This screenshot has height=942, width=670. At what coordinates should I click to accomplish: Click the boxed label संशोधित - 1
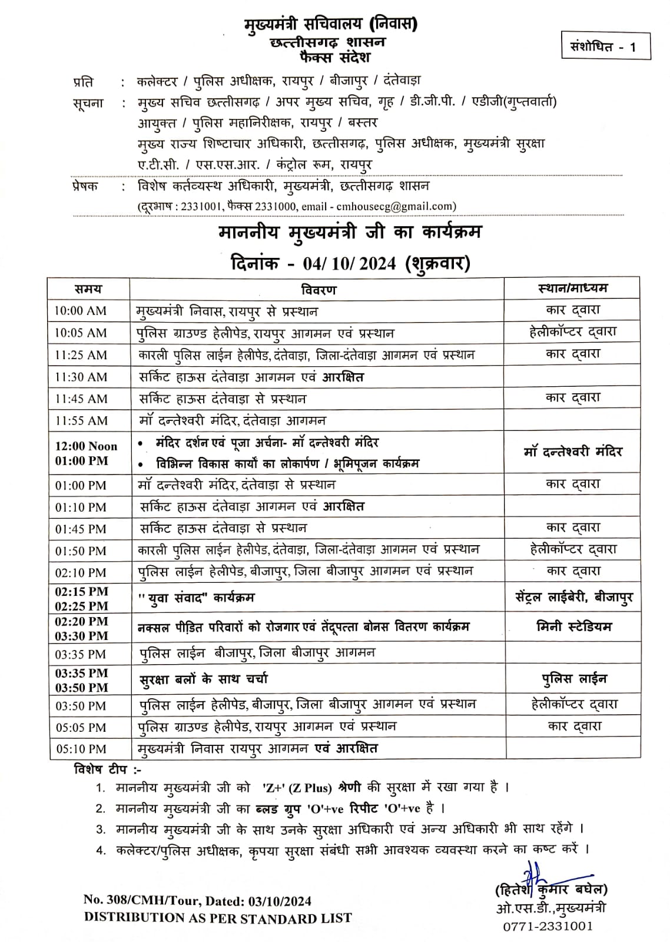coord(606,47)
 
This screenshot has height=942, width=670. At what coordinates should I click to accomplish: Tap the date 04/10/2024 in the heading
coord(349,263)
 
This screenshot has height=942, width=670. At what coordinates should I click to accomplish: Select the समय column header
coord(88,289)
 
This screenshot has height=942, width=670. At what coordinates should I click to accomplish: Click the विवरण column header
coord(318,289)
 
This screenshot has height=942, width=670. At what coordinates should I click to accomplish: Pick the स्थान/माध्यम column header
coord(572,288)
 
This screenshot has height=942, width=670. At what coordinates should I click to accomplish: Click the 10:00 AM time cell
coord(81,311)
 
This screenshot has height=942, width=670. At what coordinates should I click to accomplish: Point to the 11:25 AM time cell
coord(81,355)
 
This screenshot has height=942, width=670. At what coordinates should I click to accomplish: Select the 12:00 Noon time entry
coord(86,446)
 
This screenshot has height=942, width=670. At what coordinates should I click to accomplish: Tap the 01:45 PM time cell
coord(81,529)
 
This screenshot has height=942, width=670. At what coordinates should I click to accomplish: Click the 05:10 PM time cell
coord(81,749)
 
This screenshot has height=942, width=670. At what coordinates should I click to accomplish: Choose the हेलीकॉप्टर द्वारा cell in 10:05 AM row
coord(572,332)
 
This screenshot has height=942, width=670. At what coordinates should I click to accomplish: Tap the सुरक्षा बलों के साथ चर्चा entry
coord(204,679)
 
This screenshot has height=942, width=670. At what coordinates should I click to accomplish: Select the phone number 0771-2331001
coord(548,926)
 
